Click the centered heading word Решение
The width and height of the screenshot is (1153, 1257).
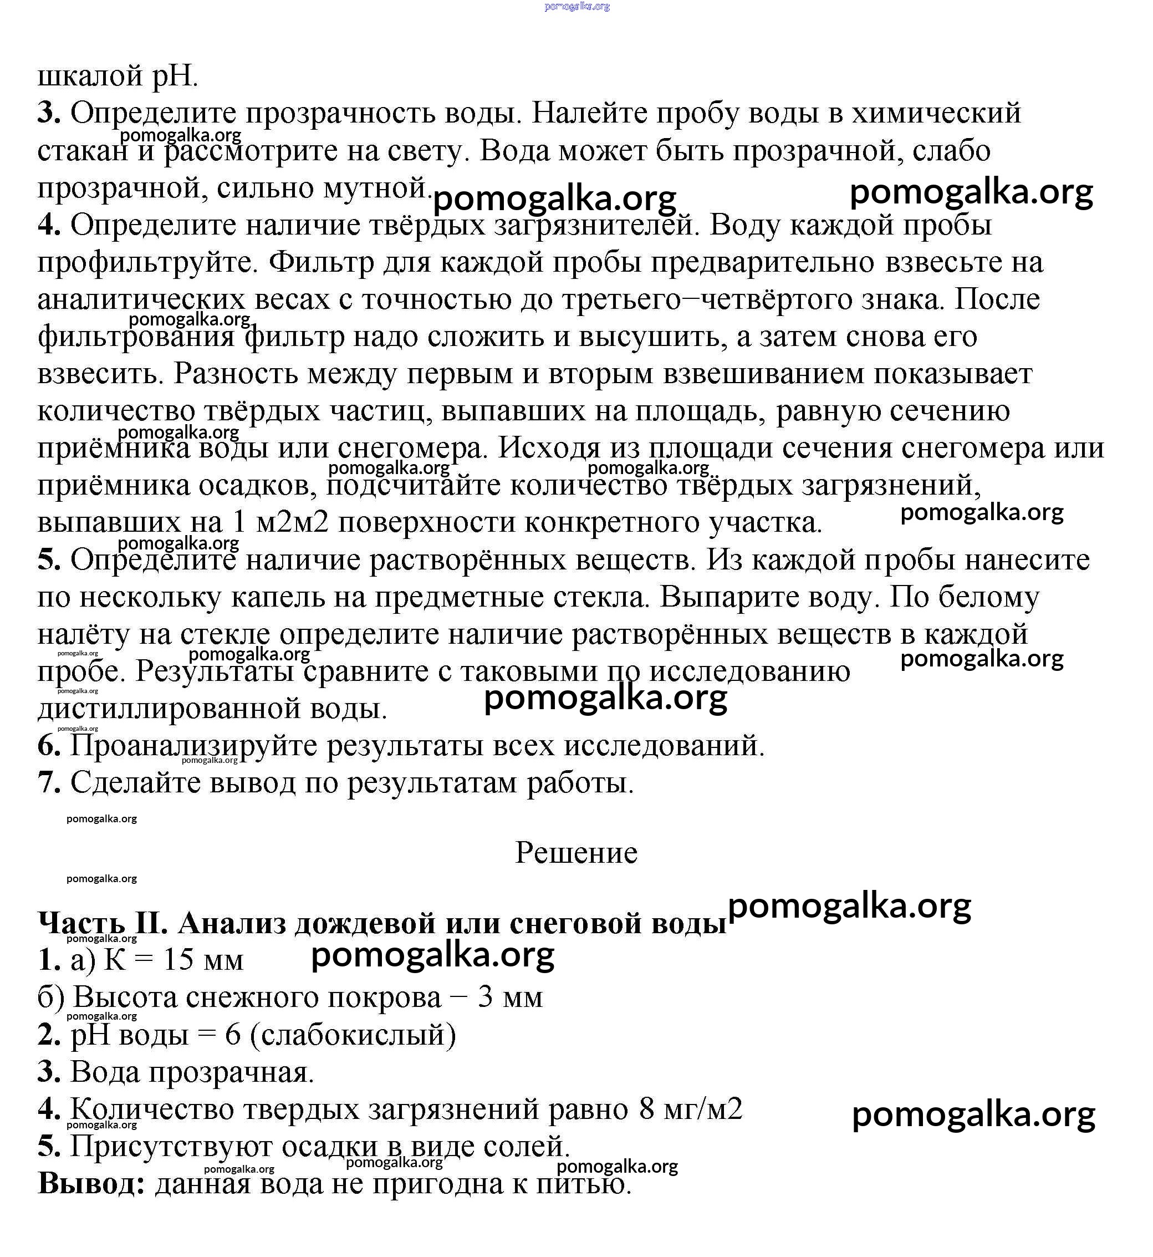pos(576,853)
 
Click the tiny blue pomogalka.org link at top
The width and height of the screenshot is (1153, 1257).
pos(576,7)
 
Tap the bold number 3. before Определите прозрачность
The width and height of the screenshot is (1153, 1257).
pos(49,114)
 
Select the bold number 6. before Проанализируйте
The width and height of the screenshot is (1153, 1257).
pos(49,746)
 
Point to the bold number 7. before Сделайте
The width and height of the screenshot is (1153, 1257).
pos(49,783)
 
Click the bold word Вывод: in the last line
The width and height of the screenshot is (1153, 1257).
pos(91,1183)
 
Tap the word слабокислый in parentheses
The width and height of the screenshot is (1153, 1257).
pos(353,1035)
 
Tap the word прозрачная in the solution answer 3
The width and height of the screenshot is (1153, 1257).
pos(231,1072)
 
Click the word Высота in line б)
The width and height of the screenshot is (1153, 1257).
pos(125,998)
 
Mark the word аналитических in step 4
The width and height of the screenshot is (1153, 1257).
pos(141,299)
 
